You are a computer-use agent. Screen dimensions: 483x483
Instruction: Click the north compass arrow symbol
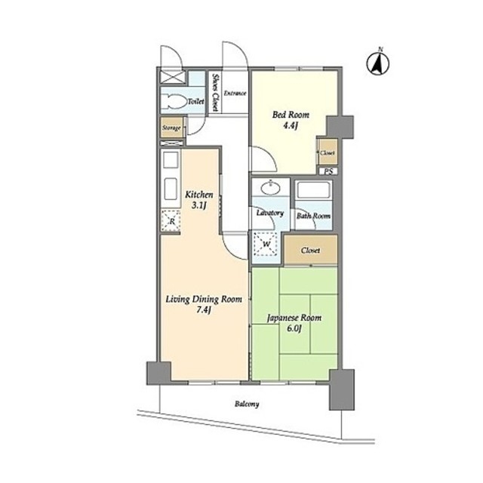[x=377, y=63]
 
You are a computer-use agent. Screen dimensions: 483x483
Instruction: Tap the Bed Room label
[x=291, y=115]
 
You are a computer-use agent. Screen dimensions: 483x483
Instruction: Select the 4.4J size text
[x=291, y=126]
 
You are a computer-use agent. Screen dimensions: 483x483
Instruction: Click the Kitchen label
[x=199, y=195]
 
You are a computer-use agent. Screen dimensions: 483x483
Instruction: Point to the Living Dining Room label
[x=204, y=299]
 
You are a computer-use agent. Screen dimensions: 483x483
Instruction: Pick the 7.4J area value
[x=203, y=310]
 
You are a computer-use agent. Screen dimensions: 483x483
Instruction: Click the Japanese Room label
[x=294, y=318]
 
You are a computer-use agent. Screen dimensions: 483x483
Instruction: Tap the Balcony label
[x=247, y=404]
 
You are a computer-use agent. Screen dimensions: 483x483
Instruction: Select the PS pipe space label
[x=329, y=171]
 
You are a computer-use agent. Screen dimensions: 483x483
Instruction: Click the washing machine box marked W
[x=265, y=245]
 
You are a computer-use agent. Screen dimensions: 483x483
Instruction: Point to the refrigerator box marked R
[x=171, y=220]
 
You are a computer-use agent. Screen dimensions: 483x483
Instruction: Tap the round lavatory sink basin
[x=270, y=188]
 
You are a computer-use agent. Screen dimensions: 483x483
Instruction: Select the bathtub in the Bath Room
[x=314, y=190]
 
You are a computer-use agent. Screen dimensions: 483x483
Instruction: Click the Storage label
[x=171, y=128]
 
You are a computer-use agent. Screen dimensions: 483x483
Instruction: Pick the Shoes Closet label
[x=215, y=92]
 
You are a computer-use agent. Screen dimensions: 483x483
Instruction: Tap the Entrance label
[x=235, y=93]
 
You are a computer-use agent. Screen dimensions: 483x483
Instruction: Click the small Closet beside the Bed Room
[x=328, y=152]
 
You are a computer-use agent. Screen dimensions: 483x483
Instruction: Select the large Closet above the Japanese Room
[x=310, y=250]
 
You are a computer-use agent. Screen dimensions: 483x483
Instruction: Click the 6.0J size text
[x=294, y=328]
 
